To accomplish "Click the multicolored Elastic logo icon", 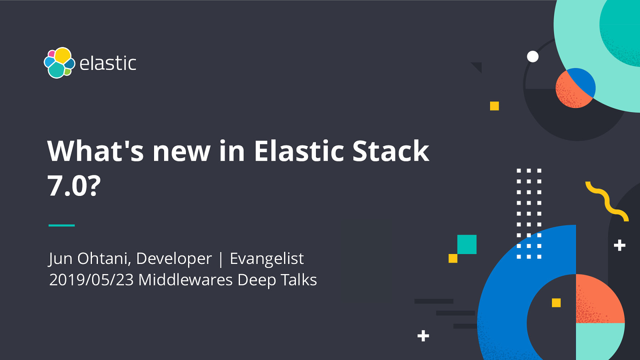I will (x=59, y=63).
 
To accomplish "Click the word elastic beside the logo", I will (x=108, y=64).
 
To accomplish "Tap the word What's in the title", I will (x=95, y=151).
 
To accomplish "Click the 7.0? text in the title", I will (x=74, y=186).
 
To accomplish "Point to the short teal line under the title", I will (x=62, y=225).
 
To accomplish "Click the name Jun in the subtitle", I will (x=60, y=259).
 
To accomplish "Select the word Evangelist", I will (x=267, y=259).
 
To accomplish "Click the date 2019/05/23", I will (x=91, y=280).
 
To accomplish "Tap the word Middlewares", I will (x=185, y=280).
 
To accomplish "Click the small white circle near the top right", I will (x=532, y=56).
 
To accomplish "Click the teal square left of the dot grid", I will (x=467, y=244).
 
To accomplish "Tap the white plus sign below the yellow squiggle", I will (x=620, y=245).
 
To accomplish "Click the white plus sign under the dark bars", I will (x=423, y=336).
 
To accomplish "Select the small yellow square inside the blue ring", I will (x=556, y=303).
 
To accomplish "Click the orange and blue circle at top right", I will (x=575, y=88).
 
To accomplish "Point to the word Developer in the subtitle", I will (x=174, y=259).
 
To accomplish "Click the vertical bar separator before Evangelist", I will (x=220, y=259).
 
